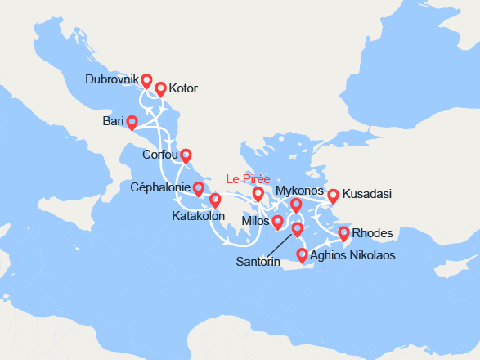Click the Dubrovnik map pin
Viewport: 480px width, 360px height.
click(x=146, y=81)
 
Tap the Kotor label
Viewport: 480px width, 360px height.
click(x=182, y=88)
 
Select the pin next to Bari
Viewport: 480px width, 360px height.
click(x=132, y=122)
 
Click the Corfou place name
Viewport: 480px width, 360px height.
click(x=159, y=154)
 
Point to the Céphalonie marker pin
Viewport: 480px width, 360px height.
click(x=198, y=189)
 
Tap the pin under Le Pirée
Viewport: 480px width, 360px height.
click(x=258, y=194)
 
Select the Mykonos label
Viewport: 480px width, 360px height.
click(x=299, y=191)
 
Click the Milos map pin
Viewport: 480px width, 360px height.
click(x=278, y=222)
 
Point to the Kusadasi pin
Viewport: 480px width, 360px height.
click(x=333, y=196)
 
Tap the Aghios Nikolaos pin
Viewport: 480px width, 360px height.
click(x=303, y=254)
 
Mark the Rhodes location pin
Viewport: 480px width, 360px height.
click(x=344, y=234)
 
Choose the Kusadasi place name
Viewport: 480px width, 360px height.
click(x=367, y=194)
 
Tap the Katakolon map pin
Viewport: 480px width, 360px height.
click(x=215, y=200)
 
